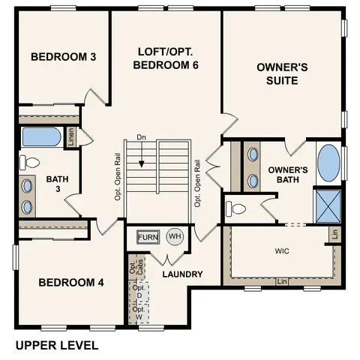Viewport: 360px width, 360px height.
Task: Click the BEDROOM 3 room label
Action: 58,58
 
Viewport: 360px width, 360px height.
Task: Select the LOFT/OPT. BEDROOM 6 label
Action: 167,58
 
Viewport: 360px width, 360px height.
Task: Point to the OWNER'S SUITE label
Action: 283,73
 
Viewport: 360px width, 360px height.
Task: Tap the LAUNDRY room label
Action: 182,274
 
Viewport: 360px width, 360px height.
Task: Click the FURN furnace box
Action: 148,237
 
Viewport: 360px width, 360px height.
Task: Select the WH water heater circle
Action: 174,237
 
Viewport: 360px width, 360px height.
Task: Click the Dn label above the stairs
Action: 141,137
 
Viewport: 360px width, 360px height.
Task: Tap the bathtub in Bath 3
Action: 37,137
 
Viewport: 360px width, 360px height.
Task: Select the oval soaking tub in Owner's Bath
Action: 328,163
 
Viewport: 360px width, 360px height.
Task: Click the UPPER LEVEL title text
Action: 57,346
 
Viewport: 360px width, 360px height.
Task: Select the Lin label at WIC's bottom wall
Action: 282,281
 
